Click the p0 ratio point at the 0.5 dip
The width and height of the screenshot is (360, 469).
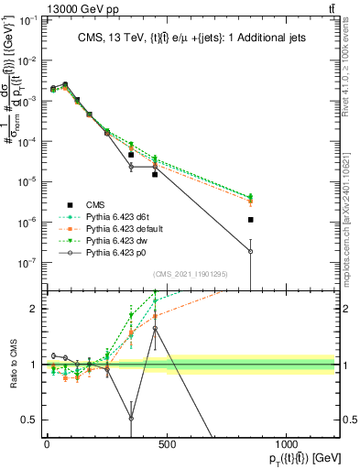131,418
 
